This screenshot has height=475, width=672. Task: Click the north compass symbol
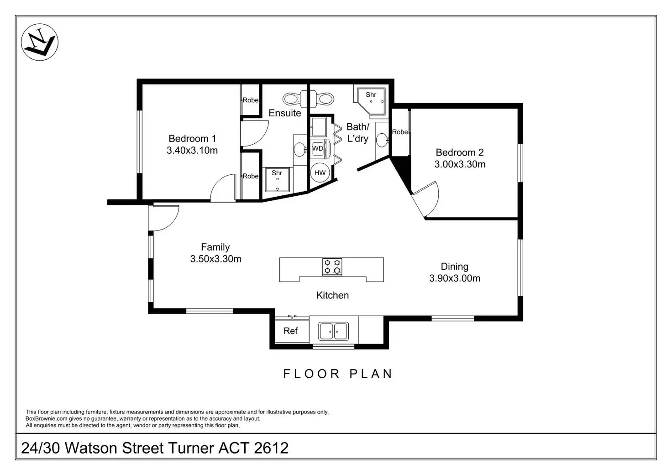coord(40,42)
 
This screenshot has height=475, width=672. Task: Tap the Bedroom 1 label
coord(192,139)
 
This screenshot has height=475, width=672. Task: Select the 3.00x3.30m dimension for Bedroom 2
coord(460,164)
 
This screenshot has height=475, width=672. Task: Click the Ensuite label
coord(285,113)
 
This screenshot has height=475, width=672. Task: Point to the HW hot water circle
coord(320,172)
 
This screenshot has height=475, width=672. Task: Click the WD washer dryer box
coord(318,149)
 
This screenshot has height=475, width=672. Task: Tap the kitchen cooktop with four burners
coord(332,267)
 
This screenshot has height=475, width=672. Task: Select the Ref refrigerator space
coord(291,331)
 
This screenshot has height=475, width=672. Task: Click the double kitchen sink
coord(334,331)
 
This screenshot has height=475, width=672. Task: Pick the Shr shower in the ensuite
coord(277,179)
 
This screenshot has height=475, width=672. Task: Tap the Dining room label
coord(454,266)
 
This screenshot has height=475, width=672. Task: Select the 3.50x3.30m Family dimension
coord(215,259)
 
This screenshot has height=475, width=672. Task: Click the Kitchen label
coord(332,295)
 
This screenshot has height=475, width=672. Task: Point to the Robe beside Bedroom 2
coord(400,132)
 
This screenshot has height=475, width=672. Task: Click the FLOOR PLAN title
coord(338,374)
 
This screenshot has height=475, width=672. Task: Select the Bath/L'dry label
coord(357,132)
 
